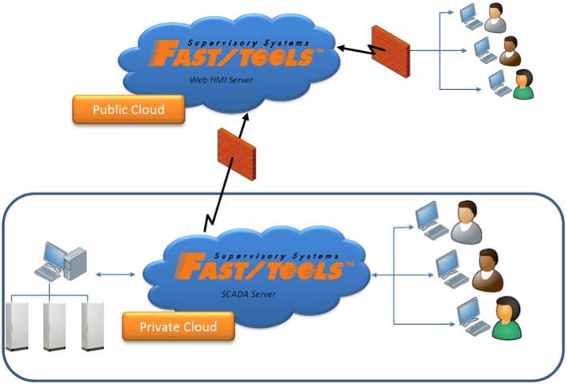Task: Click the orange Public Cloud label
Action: [128, 109]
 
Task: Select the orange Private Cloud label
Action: [177, 327]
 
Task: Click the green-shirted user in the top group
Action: [523, 84]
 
